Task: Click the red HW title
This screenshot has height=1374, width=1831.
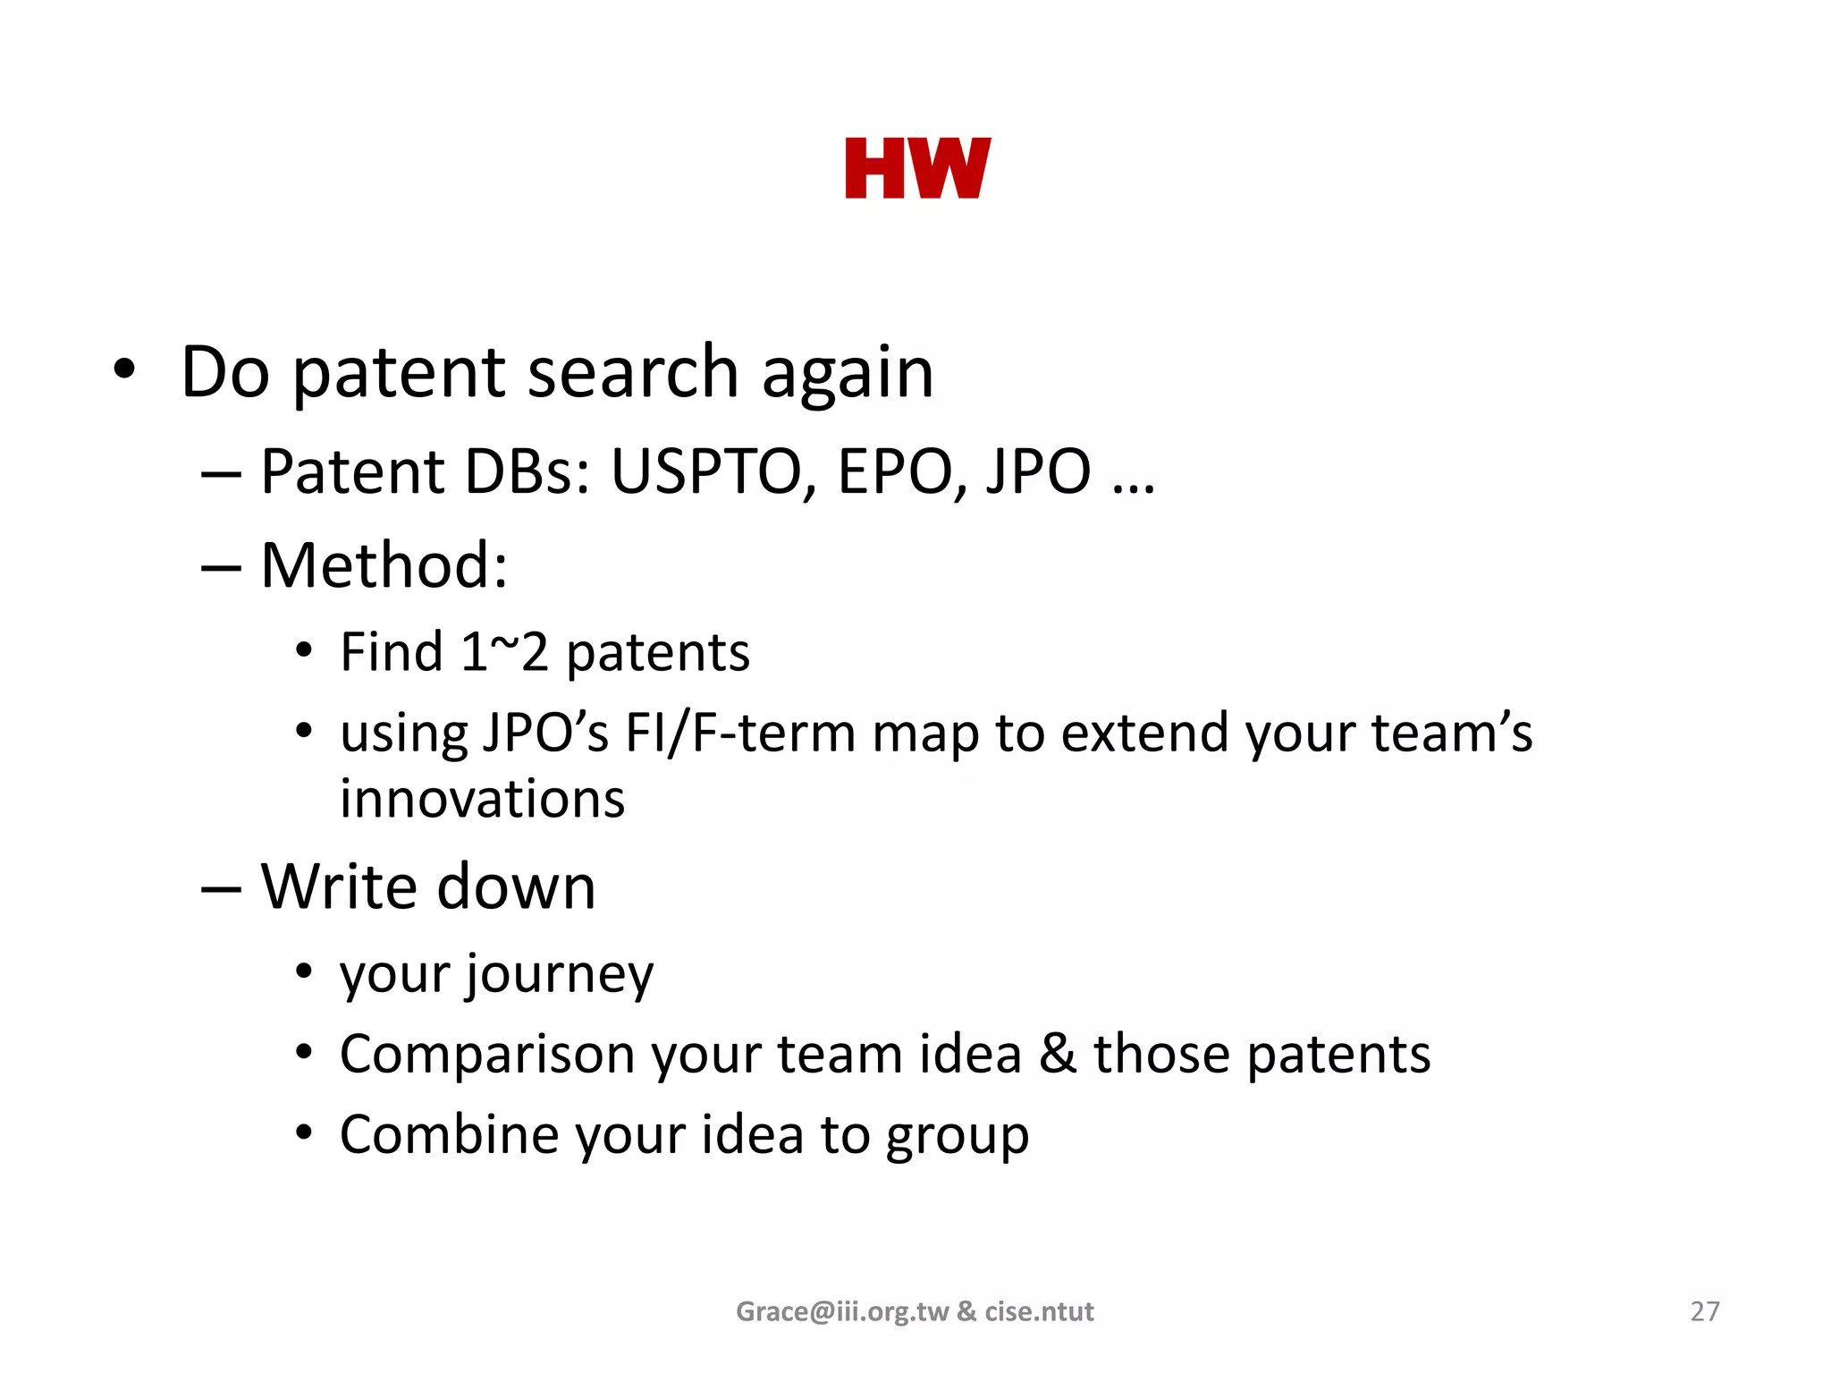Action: point(917,168)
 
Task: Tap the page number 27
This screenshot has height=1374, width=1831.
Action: point(1704,1311)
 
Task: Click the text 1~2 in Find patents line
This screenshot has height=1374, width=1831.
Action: point(503,652)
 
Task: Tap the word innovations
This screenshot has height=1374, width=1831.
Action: point(482,799)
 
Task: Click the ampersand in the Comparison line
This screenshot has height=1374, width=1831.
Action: point(1058,1054)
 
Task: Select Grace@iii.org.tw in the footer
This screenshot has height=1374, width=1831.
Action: point(841,1311)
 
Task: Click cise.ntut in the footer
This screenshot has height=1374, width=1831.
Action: point(1039,1311)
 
